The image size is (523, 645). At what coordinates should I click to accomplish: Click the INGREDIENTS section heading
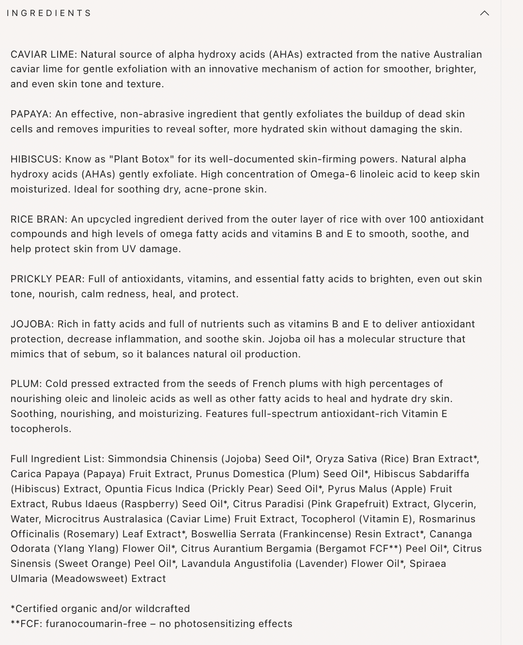point(49,13)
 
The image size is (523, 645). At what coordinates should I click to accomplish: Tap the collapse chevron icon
point(484,13)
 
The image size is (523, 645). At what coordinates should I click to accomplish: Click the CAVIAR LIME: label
point(44,54)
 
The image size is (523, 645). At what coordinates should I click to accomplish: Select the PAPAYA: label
point(31,114)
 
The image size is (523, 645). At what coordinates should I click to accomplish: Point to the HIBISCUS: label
point(36,159)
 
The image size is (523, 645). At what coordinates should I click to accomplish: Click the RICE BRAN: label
point(39,219)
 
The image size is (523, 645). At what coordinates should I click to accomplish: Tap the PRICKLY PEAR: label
point(47,279)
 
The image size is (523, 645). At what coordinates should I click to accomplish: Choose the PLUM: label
point(26,384)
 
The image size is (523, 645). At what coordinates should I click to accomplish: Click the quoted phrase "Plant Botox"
point(141,159)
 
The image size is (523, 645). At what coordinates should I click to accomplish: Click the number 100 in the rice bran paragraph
point(418,219)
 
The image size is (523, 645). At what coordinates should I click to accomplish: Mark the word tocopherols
point(41,429)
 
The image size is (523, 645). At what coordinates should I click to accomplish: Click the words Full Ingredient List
point(57,459)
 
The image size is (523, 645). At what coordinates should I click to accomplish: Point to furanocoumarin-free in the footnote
point(96,624)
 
